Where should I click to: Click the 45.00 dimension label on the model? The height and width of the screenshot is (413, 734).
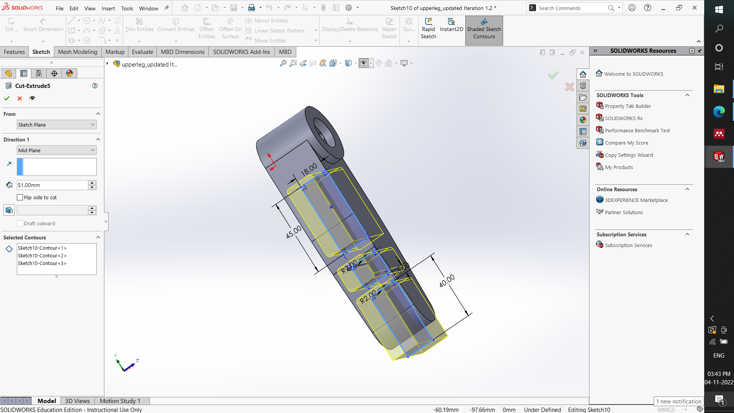click(x=294, y=232)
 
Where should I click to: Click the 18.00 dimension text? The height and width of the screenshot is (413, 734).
click(x=309, y=169)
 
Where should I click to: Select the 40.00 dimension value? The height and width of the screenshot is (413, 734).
click(x=447, y=281)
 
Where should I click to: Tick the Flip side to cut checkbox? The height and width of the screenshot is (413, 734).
click(x=20, y=197)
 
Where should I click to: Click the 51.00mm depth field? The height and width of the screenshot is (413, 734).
click(x=52, y=185)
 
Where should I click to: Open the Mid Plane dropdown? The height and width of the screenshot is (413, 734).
click(x=57, y=150)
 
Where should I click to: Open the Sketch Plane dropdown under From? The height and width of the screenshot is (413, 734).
click(x=57, y=125)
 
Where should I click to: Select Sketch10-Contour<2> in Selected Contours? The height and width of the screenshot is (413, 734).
click(x=42, y=255)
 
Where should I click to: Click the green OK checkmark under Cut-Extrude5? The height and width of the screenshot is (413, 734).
click(x=7, y=98)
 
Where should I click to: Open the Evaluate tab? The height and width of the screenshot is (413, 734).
click(x=142, y=52)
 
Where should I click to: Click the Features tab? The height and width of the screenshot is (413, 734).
click(x=14, y=52)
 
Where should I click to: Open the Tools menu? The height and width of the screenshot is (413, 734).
click(x=127, y=8)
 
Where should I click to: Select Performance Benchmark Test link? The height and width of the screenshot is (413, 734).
click(x=637, y=131)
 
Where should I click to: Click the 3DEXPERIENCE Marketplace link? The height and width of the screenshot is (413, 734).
click(x=636, y=200)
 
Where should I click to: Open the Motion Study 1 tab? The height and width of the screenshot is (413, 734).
click(x=120, y=401)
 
